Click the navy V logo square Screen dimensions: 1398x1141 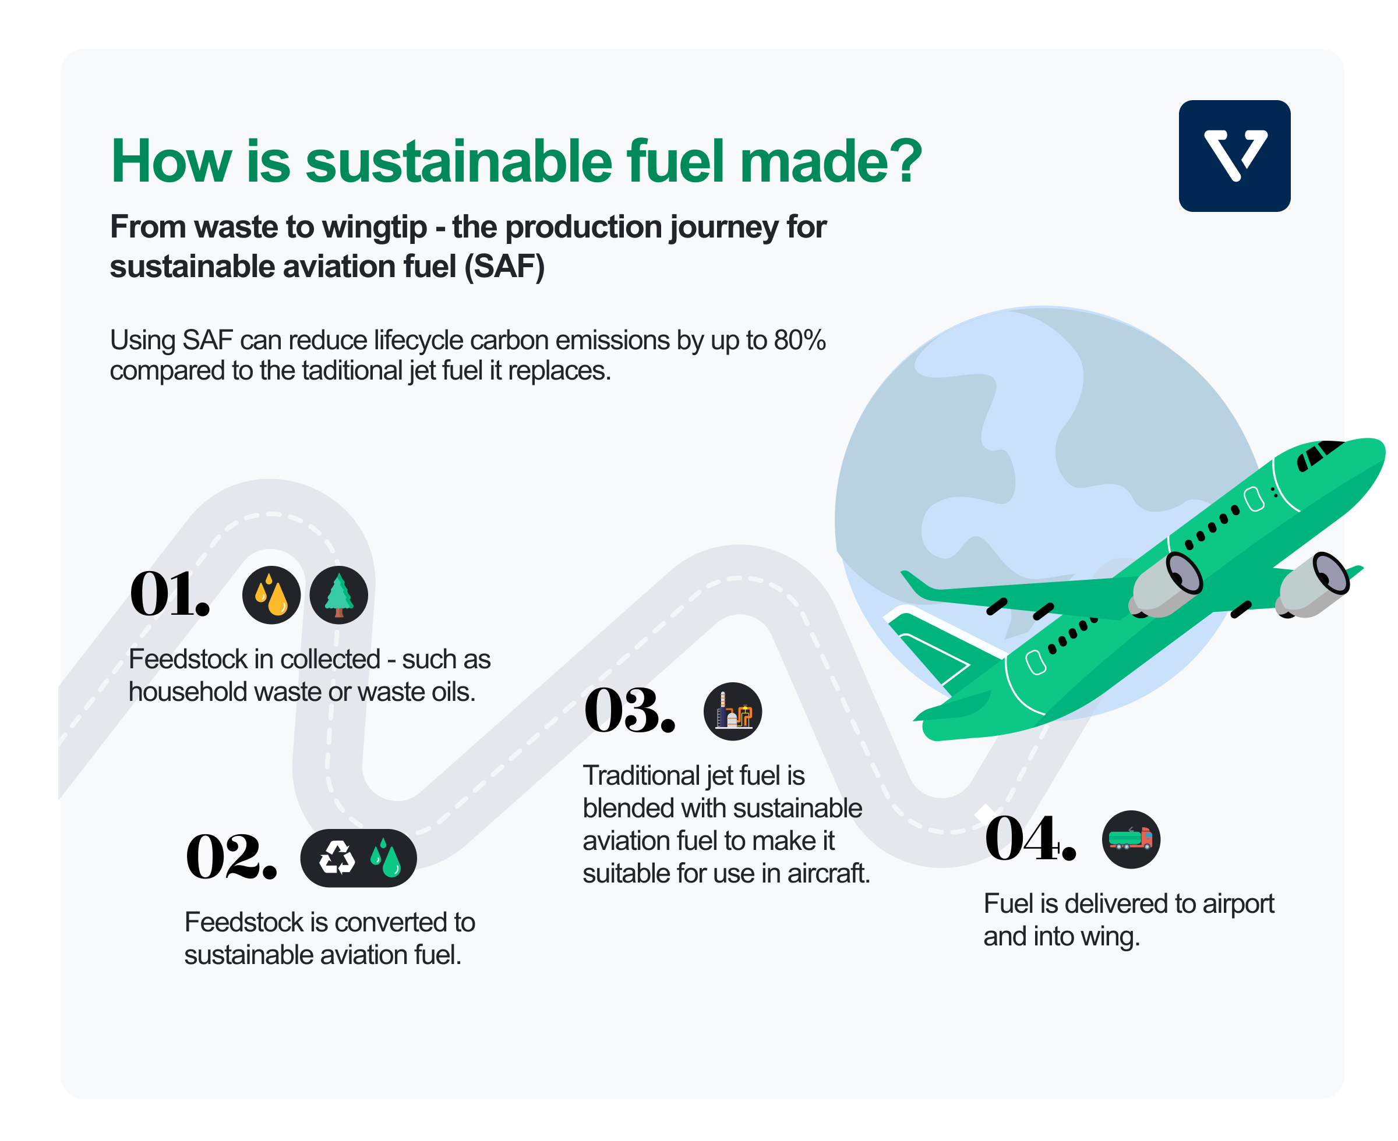pyautogui.click(x=1234, y=156)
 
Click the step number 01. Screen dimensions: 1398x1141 pyautogui.click(x=170, y=594)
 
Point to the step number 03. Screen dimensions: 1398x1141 pyautogui.click(x=629, y=710)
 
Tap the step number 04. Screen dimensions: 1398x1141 pyautogui.click(x=1030, y=838)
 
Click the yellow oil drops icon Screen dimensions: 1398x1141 pyautogui.click(x=271, y=595)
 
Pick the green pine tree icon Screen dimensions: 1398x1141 pyautogui.click(x=338, y=595)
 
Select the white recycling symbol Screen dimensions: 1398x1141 pyautogui.click(x=337, y=857)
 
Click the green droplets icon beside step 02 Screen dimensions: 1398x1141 pyautogui.click(x=386, y=857)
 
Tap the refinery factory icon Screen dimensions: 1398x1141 pyautogui.click(x=733, y=711)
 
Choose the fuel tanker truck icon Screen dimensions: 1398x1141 pyautogui.click(x=1131, y=839)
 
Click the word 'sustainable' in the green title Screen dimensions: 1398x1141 pyautogui.click(x=459, y=162)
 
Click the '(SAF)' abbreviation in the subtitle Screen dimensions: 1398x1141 pyautogui.click(x=505, y=266)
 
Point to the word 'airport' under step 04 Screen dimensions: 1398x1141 pyautogui.click(x=1238, y=905)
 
